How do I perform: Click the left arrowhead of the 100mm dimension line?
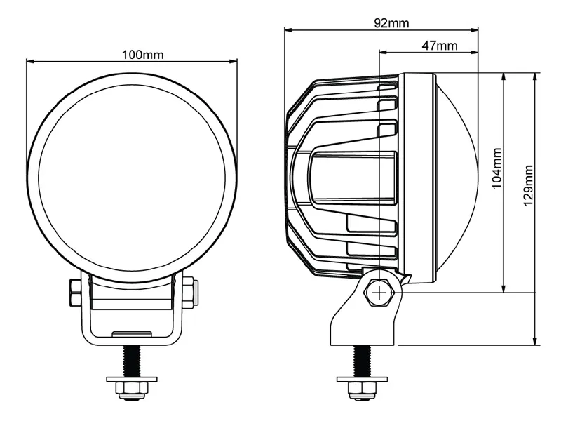click(30, 61)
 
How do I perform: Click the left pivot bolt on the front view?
click(76, 293)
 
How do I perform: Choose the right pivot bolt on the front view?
click(189, 293)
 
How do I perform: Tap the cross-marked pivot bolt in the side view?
click(379, 293)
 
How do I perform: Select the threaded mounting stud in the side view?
click(362, 361)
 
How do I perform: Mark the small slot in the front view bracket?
click(132, 332)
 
